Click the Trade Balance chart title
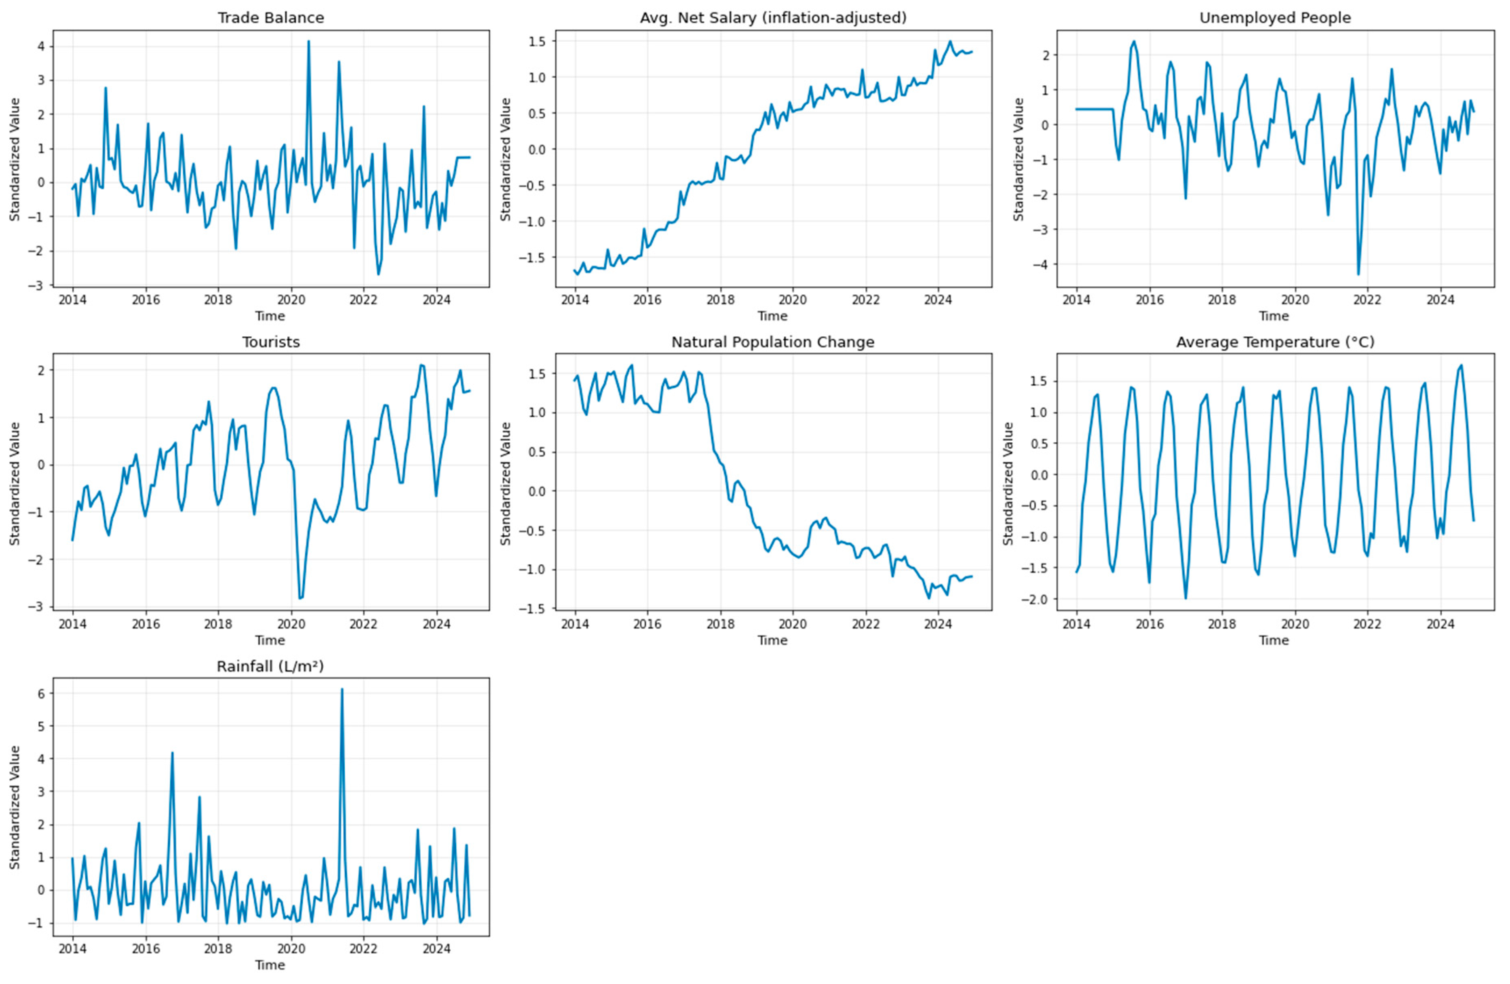[271, 18]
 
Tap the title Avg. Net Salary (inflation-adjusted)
[773, 18]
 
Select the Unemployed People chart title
[1275, 18]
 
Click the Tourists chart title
[271, 342]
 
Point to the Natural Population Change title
[773, 342]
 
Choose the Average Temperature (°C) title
[1275, 342]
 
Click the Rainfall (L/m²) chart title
[271, 666]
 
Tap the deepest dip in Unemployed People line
[1358, 274]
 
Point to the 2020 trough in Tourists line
[300, 598]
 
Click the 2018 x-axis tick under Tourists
[217, 624]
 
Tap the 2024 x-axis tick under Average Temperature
[1440, 624]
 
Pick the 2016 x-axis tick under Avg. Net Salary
[647, 300]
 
